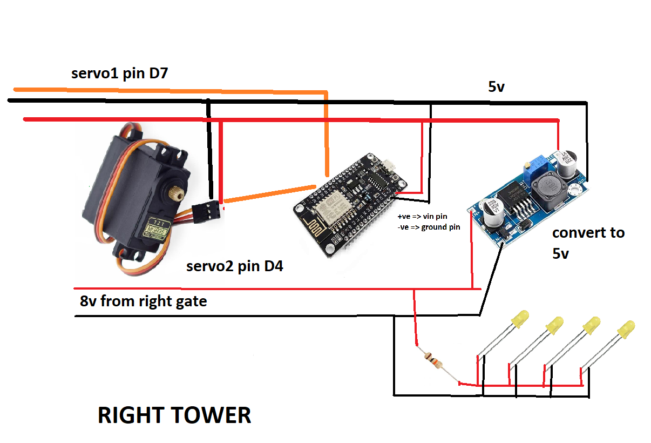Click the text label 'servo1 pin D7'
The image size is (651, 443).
pyautogui.click(x=120, y=73)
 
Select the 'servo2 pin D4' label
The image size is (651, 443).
pyautogui.click(x=235, y=266)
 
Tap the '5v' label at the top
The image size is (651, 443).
pyautogui.click(x=496, y=86)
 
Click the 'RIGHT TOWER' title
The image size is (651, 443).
pyautogui.click(x=174, y=415)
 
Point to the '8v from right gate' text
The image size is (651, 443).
pyautogui.click(x=143, y=301)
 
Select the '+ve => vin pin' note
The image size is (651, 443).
pyautogui.click(x=422, y=216)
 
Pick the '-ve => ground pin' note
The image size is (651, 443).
pyautogui.click(x=429, y=227)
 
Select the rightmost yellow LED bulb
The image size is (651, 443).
pyautogui.click(x=626, y=330)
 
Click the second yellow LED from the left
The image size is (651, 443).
pyautogui.click(x=554, y=326)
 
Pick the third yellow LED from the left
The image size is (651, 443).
pyautogui.click(x=591, y=325)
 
